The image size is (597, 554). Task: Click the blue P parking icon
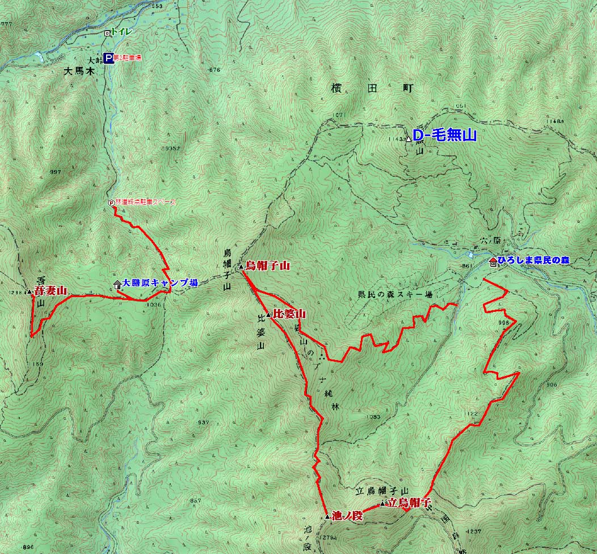[x=108, y=57]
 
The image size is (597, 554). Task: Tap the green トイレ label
[x=121, y=32]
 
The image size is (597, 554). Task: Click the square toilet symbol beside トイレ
[x=107, y=33]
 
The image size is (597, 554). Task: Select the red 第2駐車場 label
[x=128, y=58]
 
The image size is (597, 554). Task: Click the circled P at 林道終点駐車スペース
[x=111, y=202]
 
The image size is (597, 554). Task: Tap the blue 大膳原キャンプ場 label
[x=160, y=282]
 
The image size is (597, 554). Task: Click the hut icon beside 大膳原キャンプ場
[x=117, y=284]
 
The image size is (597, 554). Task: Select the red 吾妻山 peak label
[x=50, y=291]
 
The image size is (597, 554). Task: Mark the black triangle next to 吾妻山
[x=30, y=291]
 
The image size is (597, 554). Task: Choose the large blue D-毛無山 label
[x=444, y=136]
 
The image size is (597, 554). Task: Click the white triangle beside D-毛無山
[x=408, y=139]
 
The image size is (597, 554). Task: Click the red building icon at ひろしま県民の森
[x=493, y=261]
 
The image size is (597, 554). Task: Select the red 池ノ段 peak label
[x=346, y=515]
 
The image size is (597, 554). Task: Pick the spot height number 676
[x=214, y=70]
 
